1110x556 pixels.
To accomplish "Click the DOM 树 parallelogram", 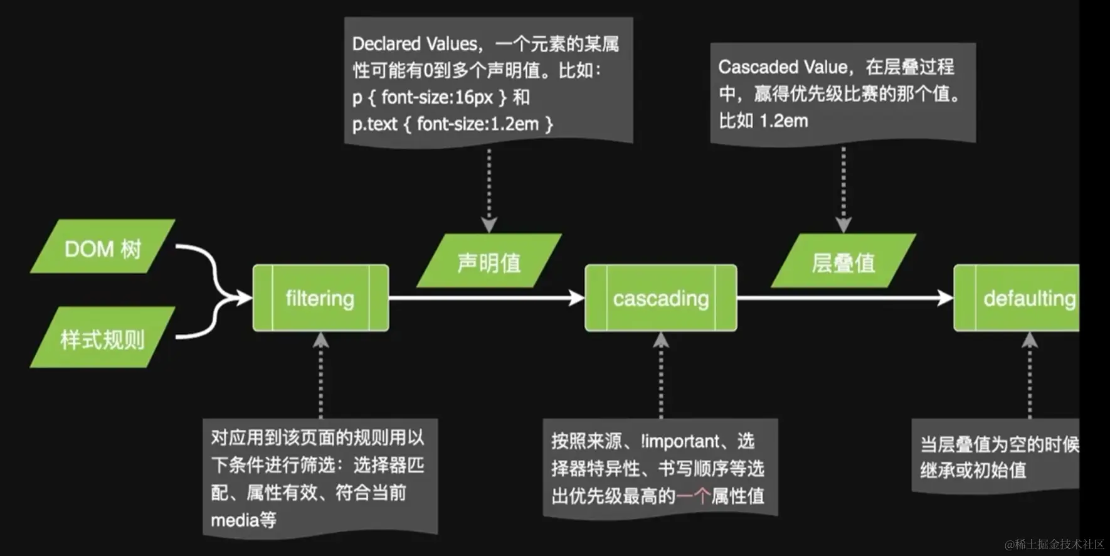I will tap(103, 247).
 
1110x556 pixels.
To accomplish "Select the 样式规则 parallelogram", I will tap(103, 338).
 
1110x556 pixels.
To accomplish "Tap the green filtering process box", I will tap(320, 298).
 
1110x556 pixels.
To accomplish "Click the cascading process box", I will tap(660, 298).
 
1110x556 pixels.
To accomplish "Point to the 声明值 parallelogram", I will tap(489, 262).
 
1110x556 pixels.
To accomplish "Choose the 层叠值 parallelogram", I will tap(843, 262).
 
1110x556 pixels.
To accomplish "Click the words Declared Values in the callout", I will tap(415, 44).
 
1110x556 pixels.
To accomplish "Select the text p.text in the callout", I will tap(374, 124).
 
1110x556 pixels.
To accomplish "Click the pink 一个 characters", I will tap(693, 496).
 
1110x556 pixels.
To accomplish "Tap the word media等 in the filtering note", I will tap(243, 520).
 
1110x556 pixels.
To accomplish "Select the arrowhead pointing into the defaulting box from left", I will tap(945, 297).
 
